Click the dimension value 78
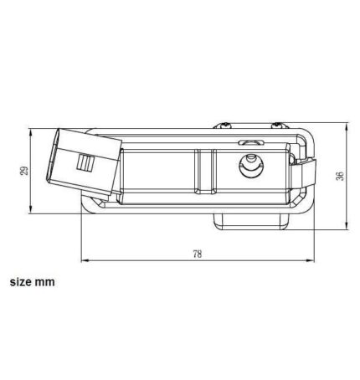click(197, 254)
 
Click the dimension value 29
click(24, 171)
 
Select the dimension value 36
click(340, 176)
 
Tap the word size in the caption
click(20, 282)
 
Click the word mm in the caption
click(44, 282)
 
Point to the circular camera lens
click(250, 166)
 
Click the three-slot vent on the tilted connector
click(85, 162)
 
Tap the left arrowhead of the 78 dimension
click(85, 261)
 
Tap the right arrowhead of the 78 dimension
click(311, 261)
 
